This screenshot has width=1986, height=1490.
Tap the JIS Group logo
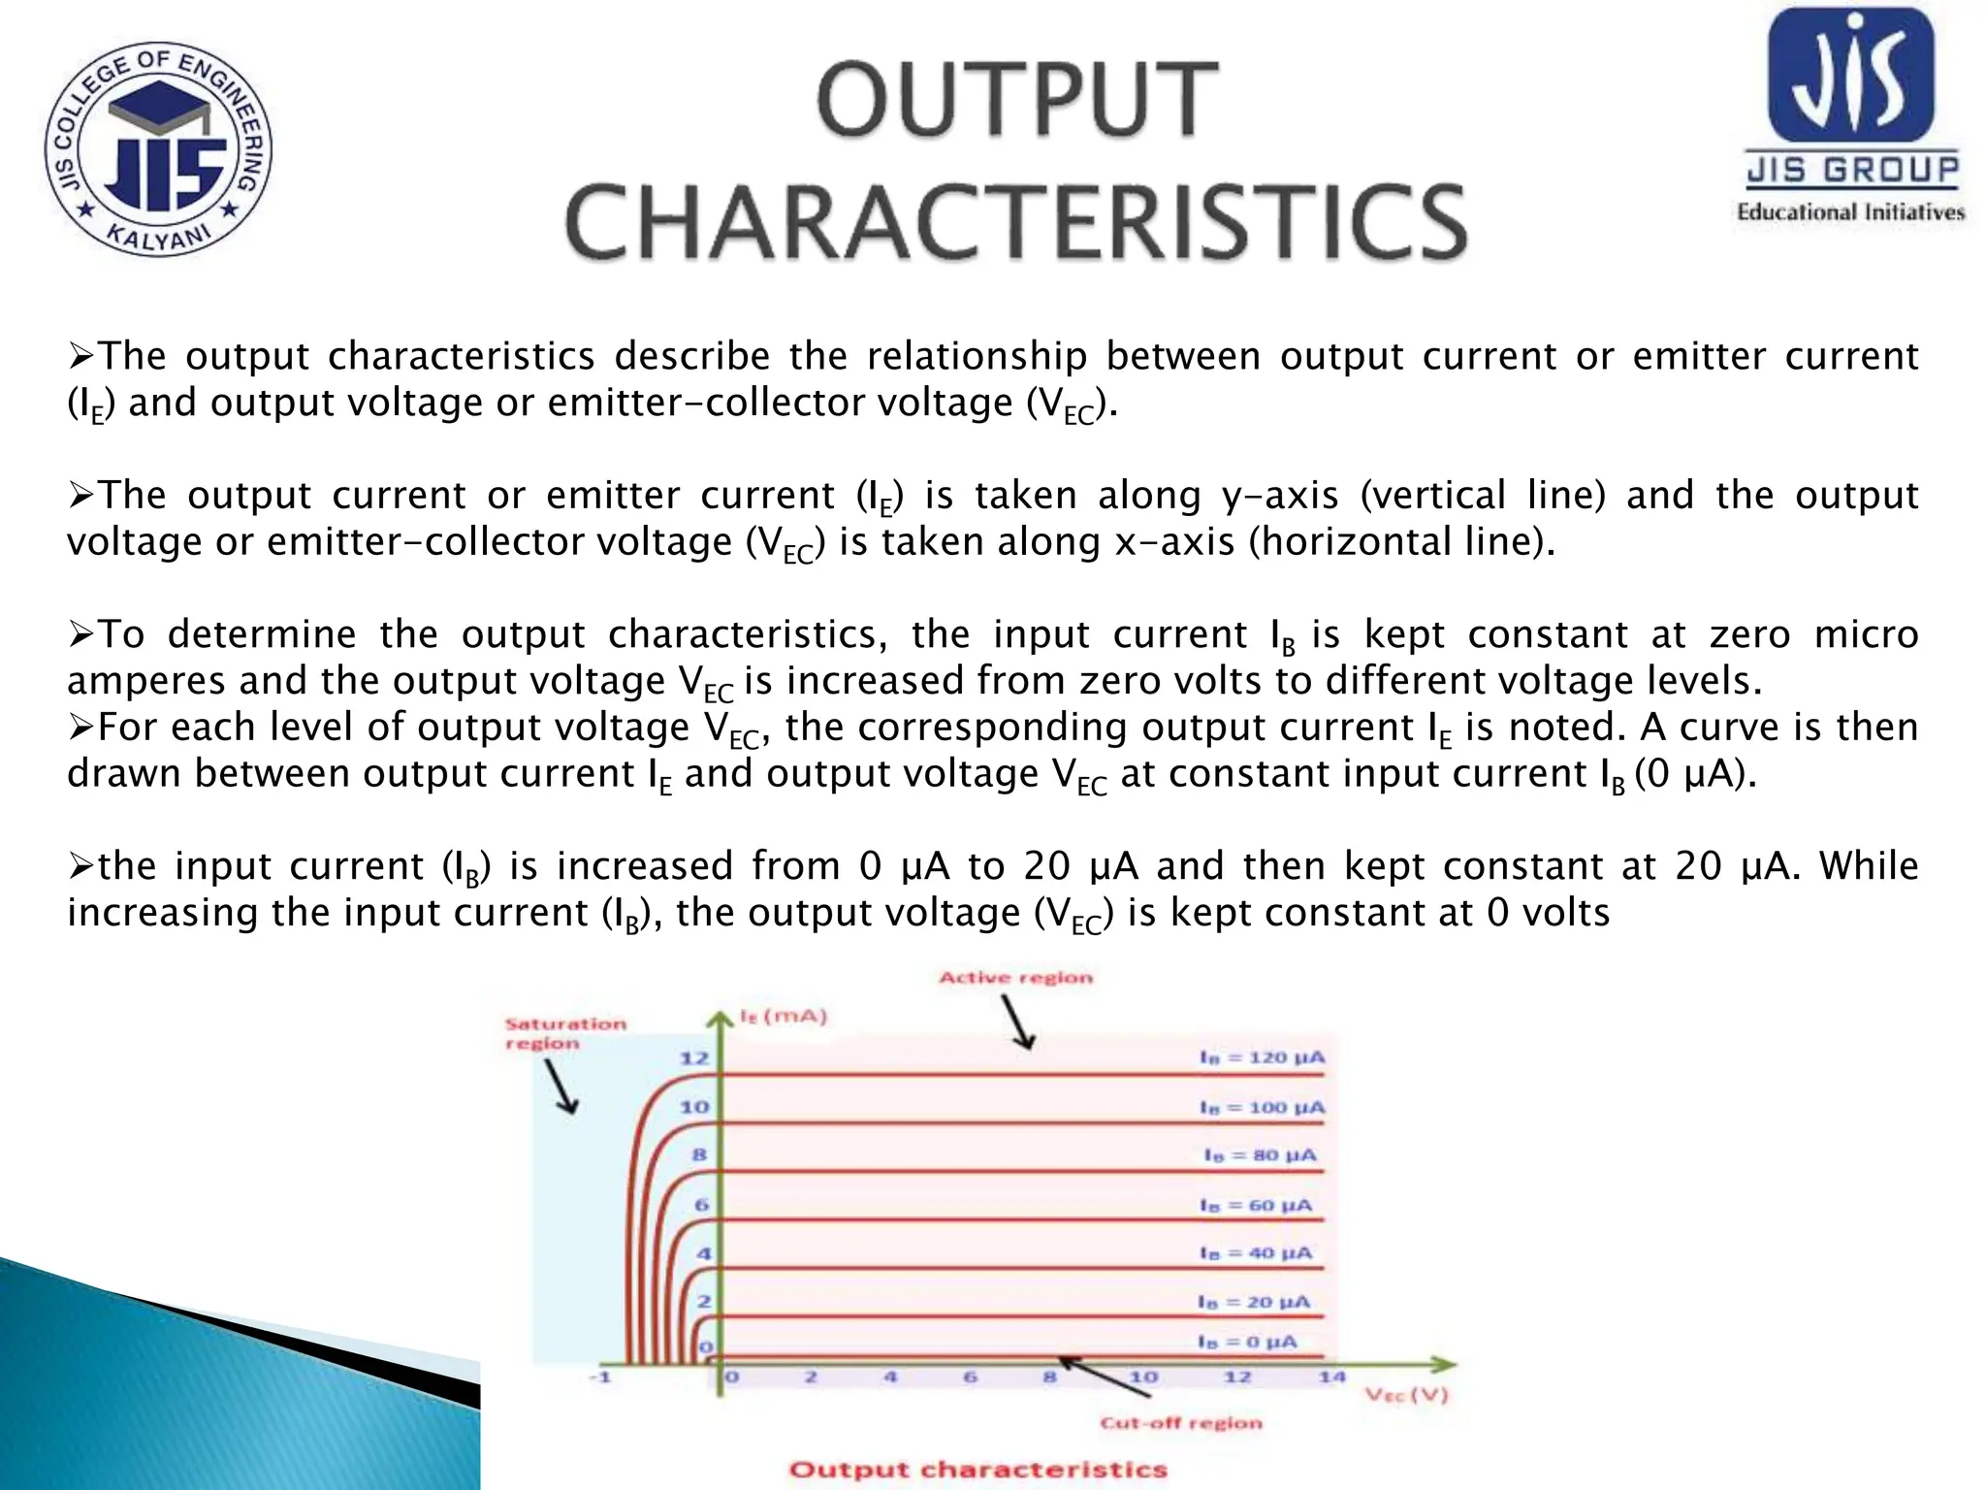(1851, 114)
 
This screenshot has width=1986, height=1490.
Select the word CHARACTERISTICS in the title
(1016, 222)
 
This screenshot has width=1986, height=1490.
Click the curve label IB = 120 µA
(1262, 1056)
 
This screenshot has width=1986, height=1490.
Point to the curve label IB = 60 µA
(1256, 1205)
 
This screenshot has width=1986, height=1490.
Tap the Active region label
(1015, 978)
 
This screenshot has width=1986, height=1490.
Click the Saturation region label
(565, 1033)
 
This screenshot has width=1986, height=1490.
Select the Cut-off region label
(1181, 1423)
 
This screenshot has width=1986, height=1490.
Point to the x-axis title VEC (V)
(1407, 1395)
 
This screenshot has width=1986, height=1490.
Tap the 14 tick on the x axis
(1332, 1377)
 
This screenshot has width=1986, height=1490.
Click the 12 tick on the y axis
(694, 1057)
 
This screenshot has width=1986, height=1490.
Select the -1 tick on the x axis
(602, 1377)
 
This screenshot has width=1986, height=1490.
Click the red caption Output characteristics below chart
(977, 1470)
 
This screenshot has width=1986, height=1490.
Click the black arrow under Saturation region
(561, 1086)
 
